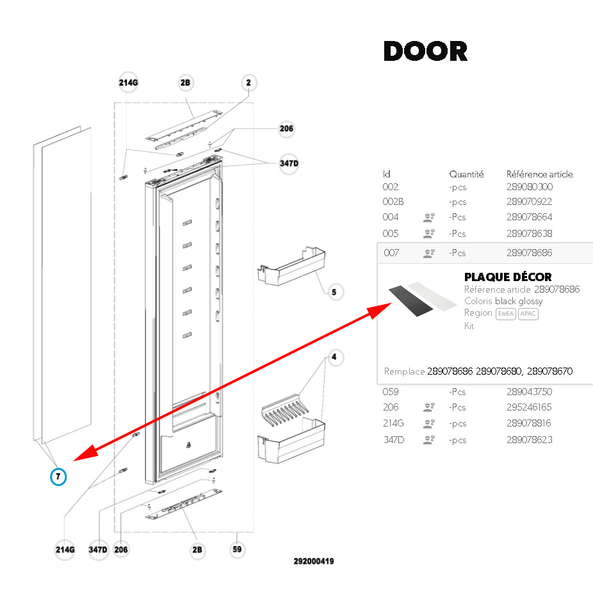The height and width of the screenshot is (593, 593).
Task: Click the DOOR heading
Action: [x=425, y=51]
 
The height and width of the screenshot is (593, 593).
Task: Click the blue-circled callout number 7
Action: [x=58, y=476]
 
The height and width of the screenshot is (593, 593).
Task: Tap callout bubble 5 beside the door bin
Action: [x=334, y=293]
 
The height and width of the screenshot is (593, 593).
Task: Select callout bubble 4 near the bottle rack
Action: [x=333, y=356]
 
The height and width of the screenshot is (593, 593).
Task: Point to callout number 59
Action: [x=237, y=549]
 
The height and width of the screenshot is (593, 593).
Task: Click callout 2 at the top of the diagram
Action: [x=248, y=83]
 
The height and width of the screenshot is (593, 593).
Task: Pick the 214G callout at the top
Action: [x=128, y=83]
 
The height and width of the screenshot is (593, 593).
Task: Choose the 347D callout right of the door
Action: [x=288, y=164]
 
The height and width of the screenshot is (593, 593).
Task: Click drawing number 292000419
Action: [x=314, y=562]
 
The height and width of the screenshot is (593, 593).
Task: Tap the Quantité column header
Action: [x=466, y=174]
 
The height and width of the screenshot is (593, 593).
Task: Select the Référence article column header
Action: [x=539, y=174]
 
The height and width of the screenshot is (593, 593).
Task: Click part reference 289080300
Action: [x=529, y=187]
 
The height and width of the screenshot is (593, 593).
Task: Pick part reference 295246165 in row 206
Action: [x=529, y=407]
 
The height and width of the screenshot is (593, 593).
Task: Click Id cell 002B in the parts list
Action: [x=393, y=202]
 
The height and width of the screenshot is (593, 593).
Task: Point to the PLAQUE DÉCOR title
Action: [x=508, y=277]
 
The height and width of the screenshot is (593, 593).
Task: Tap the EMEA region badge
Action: [x=506, y=314]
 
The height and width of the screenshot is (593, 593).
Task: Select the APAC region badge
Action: [x=528, y=314]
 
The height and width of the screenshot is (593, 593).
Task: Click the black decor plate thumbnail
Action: [x=412, y=298]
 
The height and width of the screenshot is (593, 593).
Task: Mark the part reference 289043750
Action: [x=529, y=392]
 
